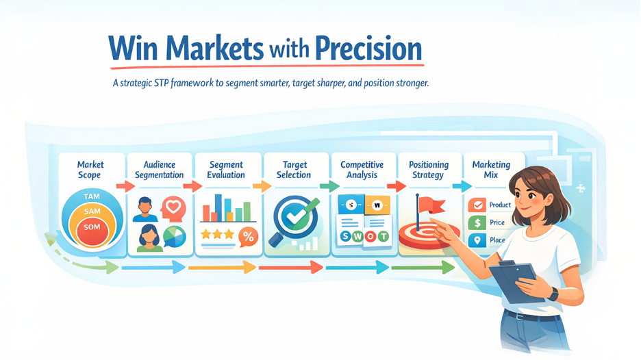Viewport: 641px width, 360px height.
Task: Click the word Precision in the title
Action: tap(368, 49)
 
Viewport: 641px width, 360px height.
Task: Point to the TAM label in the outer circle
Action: tap(92, 197)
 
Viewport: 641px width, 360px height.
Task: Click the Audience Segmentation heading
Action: tap(160, 170)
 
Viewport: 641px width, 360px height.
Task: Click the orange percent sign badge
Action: tap(248, 237)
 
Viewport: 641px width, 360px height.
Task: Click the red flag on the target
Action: tap(432, 205)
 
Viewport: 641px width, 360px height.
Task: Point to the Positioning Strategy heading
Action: tap(429, 170)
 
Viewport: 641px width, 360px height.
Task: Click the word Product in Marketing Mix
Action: tap(500, 205)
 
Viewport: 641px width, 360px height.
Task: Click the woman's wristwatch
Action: tap(553, 294)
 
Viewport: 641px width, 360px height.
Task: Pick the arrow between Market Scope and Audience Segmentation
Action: tap(125, 186)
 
